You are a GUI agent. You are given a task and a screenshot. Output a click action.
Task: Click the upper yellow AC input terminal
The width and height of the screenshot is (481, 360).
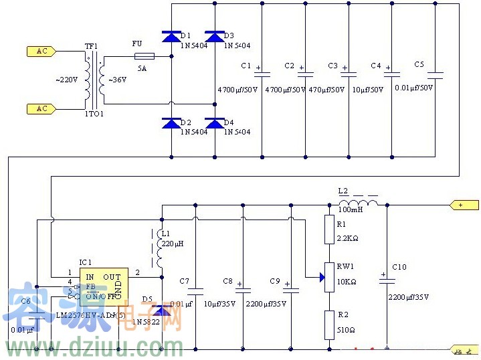(41, 51)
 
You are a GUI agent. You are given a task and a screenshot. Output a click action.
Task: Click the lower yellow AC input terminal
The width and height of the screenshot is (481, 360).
(41, 108)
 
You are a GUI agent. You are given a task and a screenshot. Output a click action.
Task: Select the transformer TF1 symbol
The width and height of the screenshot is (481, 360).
(92, 80)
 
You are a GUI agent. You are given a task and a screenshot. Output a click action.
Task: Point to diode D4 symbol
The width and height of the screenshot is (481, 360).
(214, 123)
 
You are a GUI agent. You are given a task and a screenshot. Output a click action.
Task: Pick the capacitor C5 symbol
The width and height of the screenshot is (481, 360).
(435, 74)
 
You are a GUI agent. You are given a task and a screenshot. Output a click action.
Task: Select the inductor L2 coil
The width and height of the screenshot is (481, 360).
(358, 203)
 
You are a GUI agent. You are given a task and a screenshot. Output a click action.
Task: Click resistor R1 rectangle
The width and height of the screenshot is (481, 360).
(328, 229)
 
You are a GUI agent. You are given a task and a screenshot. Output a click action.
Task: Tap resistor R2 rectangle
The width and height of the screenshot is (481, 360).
(328, 325)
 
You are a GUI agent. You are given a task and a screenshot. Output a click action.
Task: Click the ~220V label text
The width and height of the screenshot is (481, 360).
(67, 80)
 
